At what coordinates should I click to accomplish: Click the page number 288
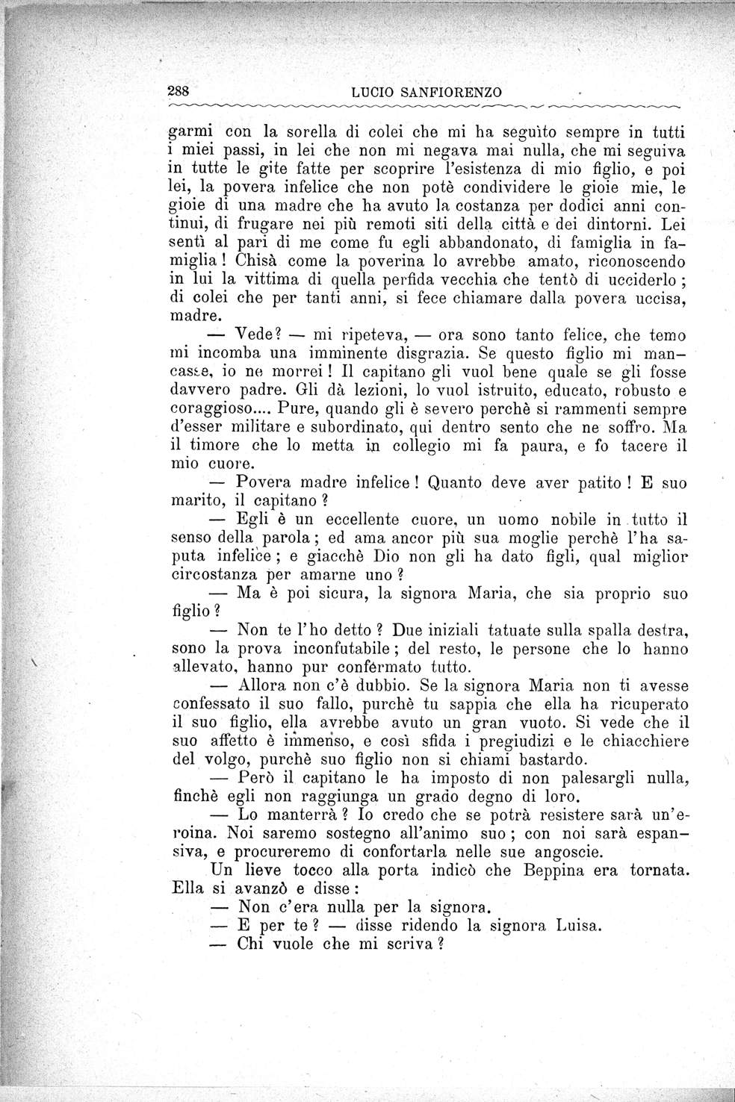click(x=180, y=91)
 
